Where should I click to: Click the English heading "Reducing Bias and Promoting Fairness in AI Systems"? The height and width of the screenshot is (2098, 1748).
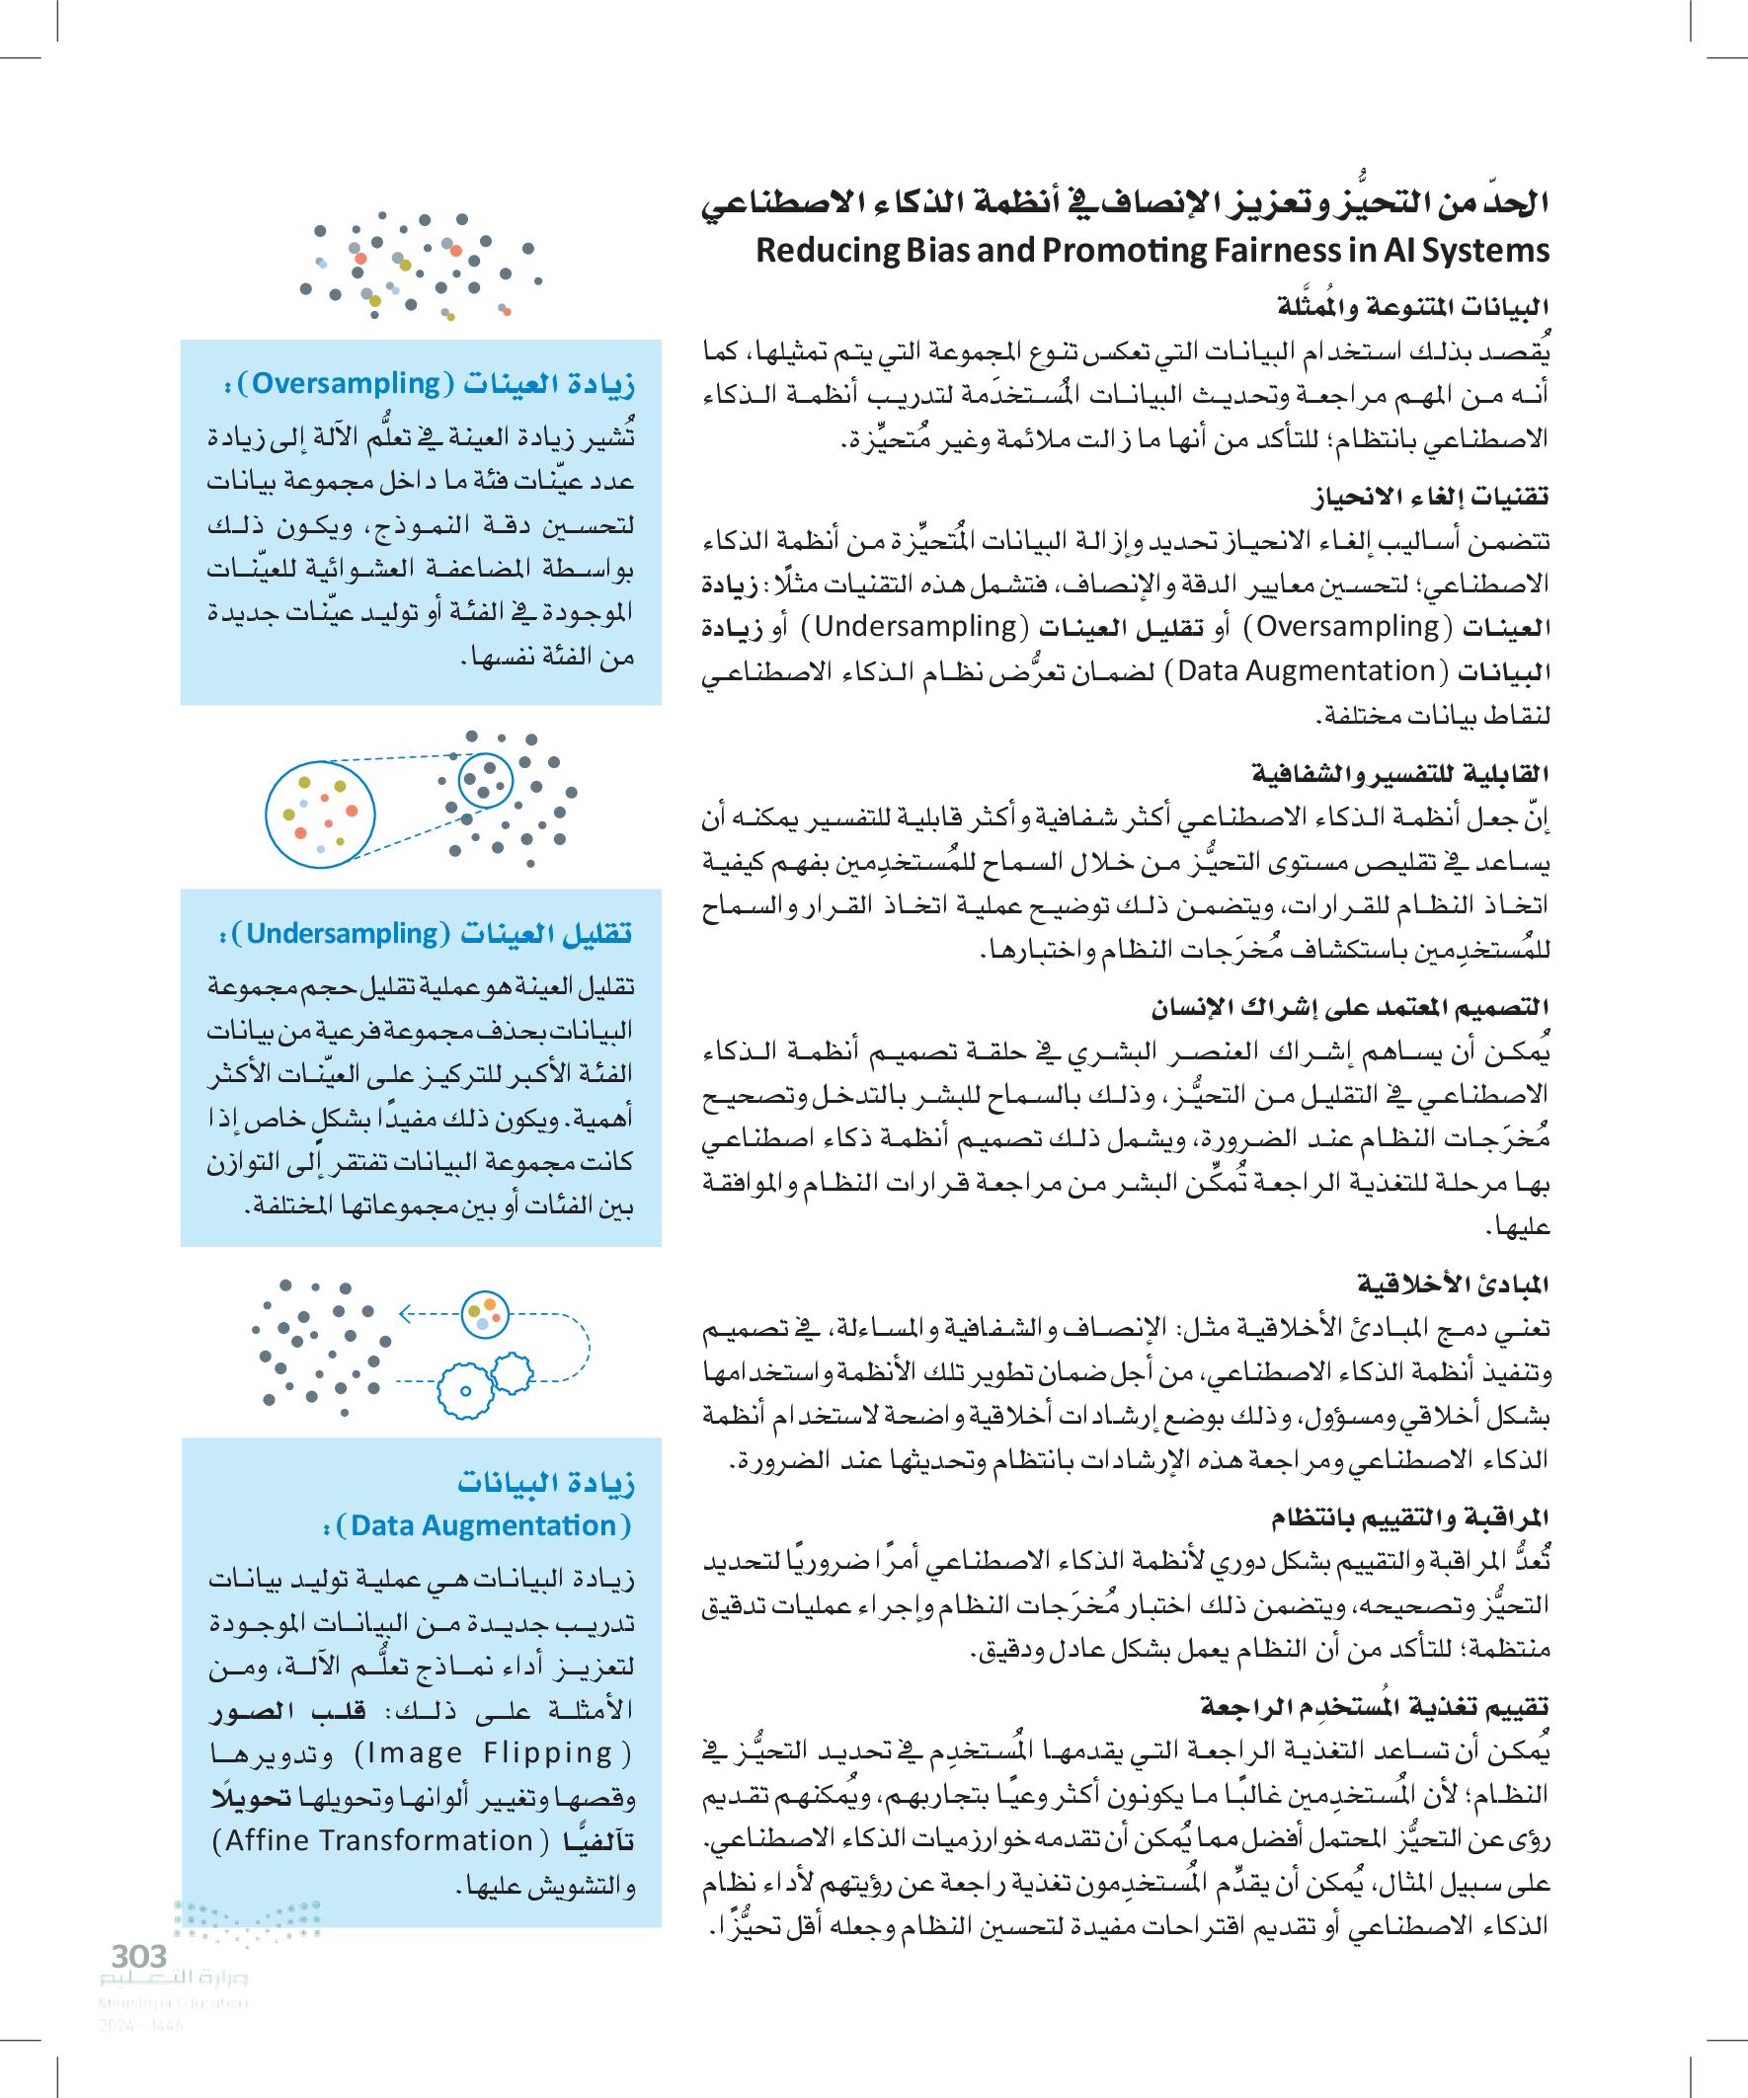point(1152,250)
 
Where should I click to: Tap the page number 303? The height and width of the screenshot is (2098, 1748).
point(139,1956)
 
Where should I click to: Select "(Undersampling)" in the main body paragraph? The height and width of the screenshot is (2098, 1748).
point(920,626)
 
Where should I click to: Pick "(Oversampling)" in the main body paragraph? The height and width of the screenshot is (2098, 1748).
point(1347,626)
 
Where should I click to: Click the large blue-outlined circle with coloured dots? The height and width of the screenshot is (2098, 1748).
point(320,815)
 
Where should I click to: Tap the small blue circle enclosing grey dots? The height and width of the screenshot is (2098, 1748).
point(486,780)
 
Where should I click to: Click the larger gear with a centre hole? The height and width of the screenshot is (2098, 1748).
point(465,1390)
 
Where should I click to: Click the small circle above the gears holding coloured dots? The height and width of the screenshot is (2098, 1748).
point(486,1314)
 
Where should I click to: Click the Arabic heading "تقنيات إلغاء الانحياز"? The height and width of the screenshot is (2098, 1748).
point(1429,497)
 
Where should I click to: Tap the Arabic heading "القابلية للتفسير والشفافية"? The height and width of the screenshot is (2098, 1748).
point(1399,773)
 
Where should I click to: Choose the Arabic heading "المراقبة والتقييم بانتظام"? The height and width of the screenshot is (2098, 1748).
point(1409,1518)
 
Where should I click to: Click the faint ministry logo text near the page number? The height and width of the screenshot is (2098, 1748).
point(174,1978)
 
